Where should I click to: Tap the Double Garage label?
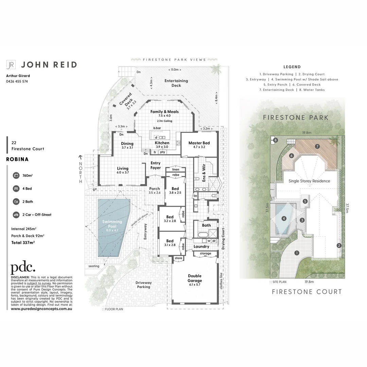195,278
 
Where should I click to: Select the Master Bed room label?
199,143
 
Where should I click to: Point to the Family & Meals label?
164,111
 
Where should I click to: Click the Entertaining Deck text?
176,83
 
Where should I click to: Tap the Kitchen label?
162,143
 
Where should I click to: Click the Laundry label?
201,247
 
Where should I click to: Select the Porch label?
154,189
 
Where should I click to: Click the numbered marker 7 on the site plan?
317,146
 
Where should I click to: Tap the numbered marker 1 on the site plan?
297,253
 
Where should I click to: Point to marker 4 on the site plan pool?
284,219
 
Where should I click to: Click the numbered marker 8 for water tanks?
275,140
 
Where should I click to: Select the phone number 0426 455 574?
17,82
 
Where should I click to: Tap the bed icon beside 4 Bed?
16,189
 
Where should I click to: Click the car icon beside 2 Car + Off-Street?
16,215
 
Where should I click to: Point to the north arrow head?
81,157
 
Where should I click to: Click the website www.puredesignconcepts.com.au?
41,309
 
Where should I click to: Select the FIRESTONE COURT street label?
307,292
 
